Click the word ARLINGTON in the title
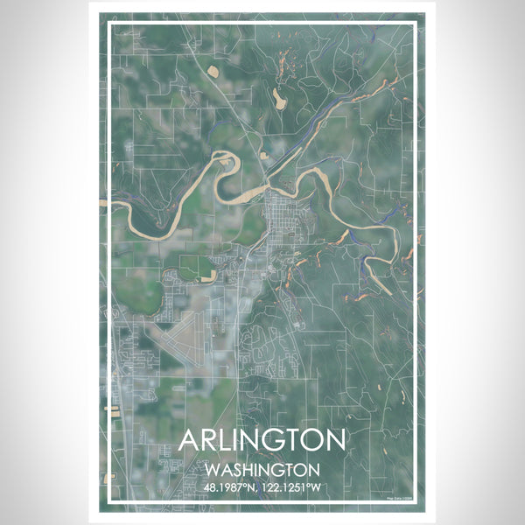262,439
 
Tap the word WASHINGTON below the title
262,469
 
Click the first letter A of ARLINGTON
189,439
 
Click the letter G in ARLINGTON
266,439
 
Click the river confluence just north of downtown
267,175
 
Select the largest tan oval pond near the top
279,99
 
